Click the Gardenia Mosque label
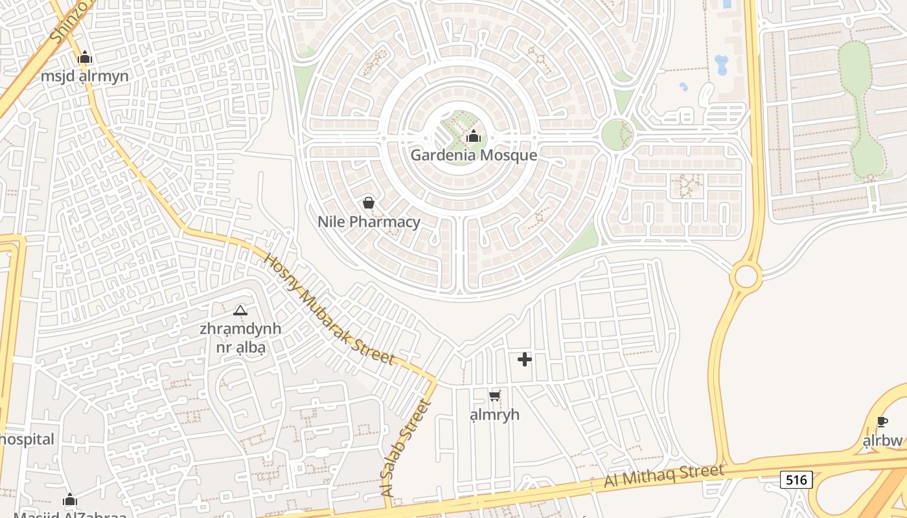pyautogui.click(x=474, y=155)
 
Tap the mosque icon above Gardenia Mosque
pyautogui.click(x=474, y=136)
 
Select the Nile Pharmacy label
pyautogui.click(x=369, y=221)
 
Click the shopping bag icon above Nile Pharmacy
pyautogui.click(x=369, y=203)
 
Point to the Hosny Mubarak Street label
pyautogui.click(x=329, y=309)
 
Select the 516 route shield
pyautogui.click(x=796, y=480)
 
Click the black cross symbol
pyautogui.click(x=525, y=359)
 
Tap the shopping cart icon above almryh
pyautogui.click(x=495, y=396)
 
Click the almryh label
pyautogui.click(x=495, y=414)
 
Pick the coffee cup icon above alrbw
pyautogui.click(x=882, y=422)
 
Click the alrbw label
pyautogui.click(x=882, y=441)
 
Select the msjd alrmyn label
pyautogui.click(x=85, y=76)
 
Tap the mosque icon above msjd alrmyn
pyautogui.click(x=85, y=58)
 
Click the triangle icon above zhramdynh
pyautogui.click(x=240, y=311)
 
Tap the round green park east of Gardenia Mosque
pyautogui.click(x=617, y=135)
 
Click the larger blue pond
pyautogui.click(x=721, y=65)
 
